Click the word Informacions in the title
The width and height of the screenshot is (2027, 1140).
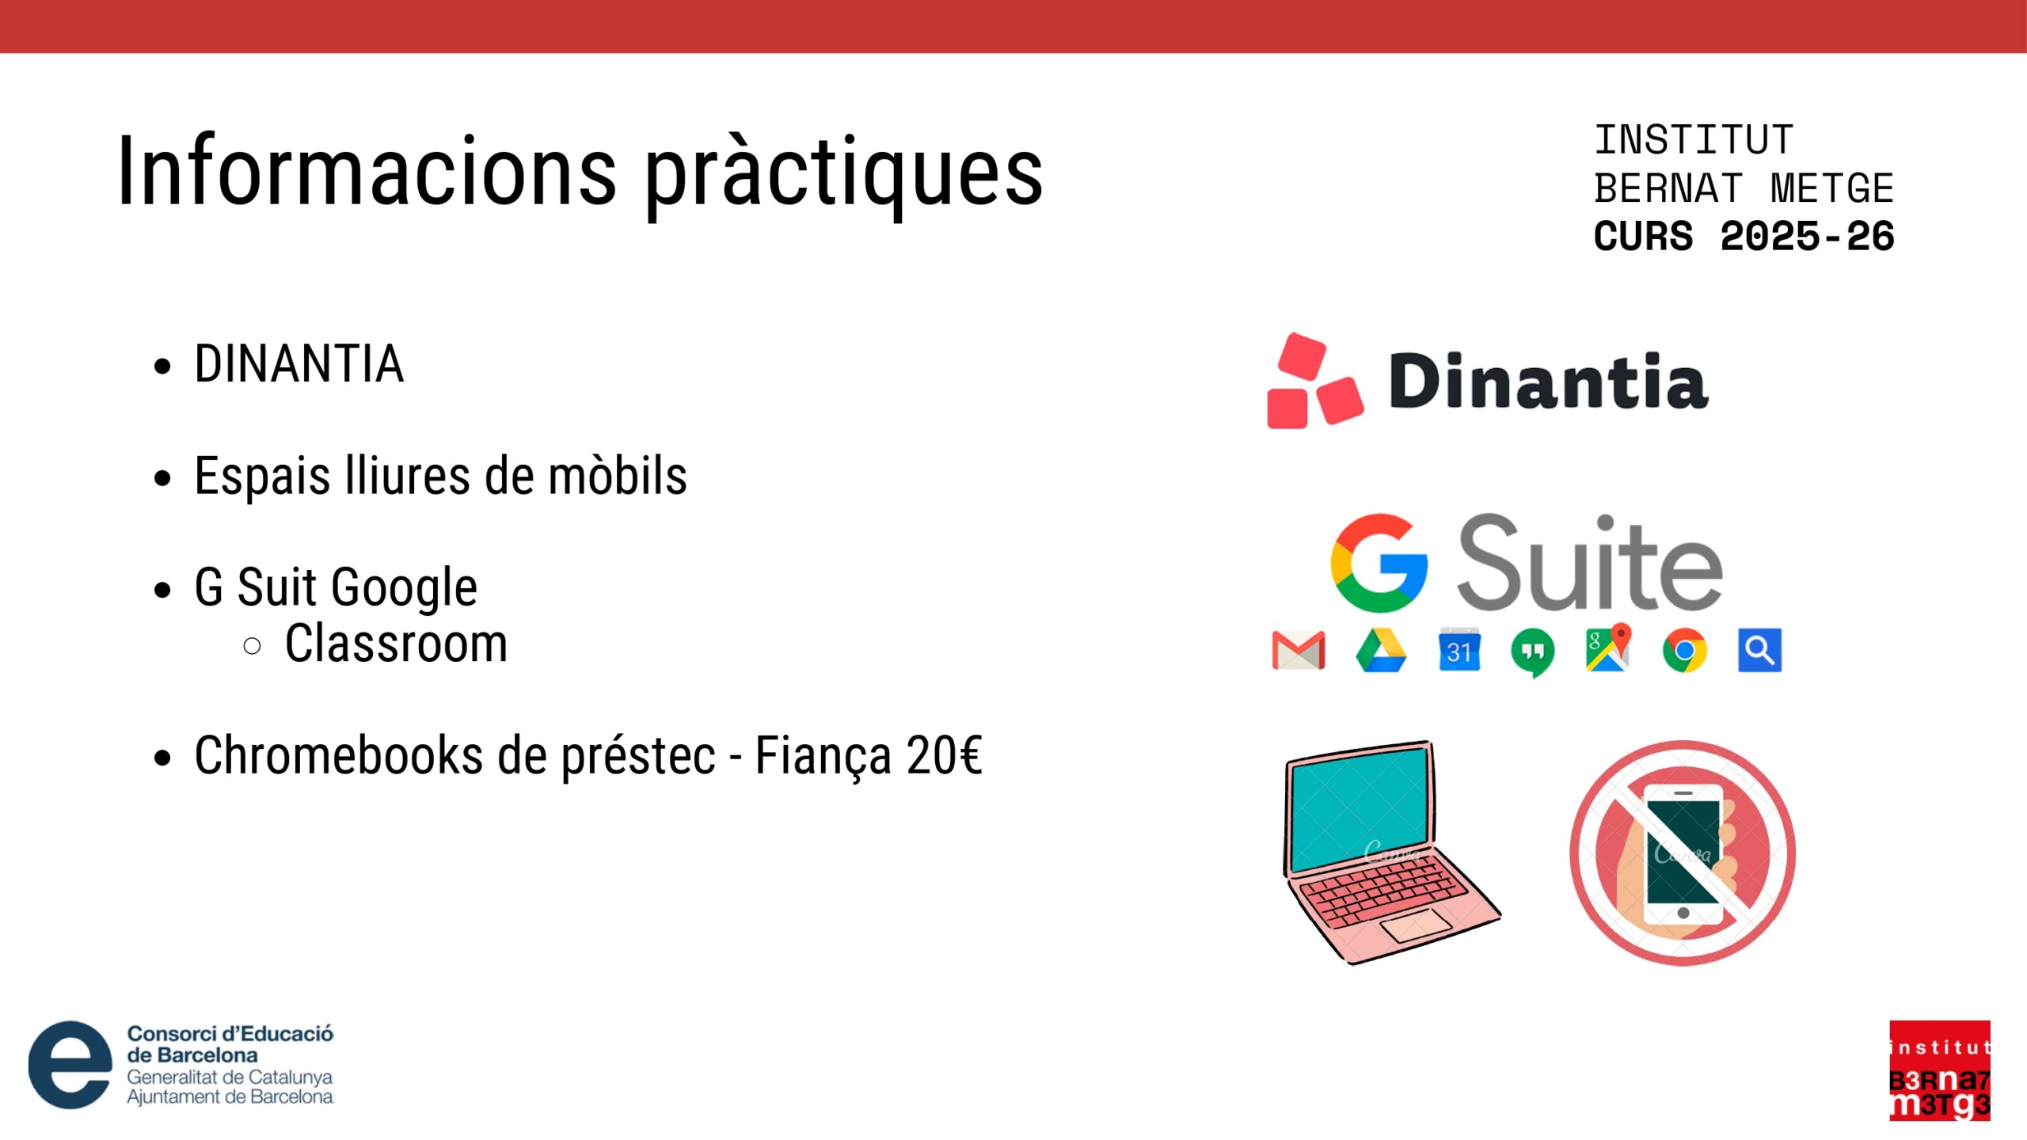[367, 170]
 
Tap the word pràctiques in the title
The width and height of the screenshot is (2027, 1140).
[844, 176]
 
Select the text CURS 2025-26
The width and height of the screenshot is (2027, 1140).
[1744, 236]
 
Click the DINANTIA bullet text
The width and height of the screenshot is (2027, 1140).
[299, 364]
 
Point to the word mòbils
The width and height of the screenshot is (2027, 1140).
[618, 476]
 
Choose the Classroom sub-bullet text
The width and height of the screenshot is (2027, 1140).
[396, 643]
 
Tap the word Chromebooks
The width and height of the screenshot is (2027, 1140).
[339, 755]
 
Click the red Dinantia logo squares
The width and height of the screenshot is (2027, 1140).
[1314, 381]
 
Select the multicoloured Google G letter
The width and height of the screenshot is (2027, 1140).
[1379, 563]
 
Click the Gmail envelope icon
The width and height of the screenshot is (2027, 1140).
[1299, 651]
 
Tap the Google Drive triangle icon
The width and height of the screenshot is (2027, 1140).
[1381, 651]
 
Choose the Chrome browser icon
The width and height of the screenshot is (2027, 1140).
[1685, 651]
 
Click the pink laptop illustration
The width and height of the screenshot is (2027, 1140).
[1391, 853]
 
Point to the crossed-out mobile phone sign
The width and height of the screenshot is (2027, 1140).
[1683, 853]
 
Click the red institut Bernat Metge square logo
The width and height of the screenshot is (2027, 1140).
[1940, 1071]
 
